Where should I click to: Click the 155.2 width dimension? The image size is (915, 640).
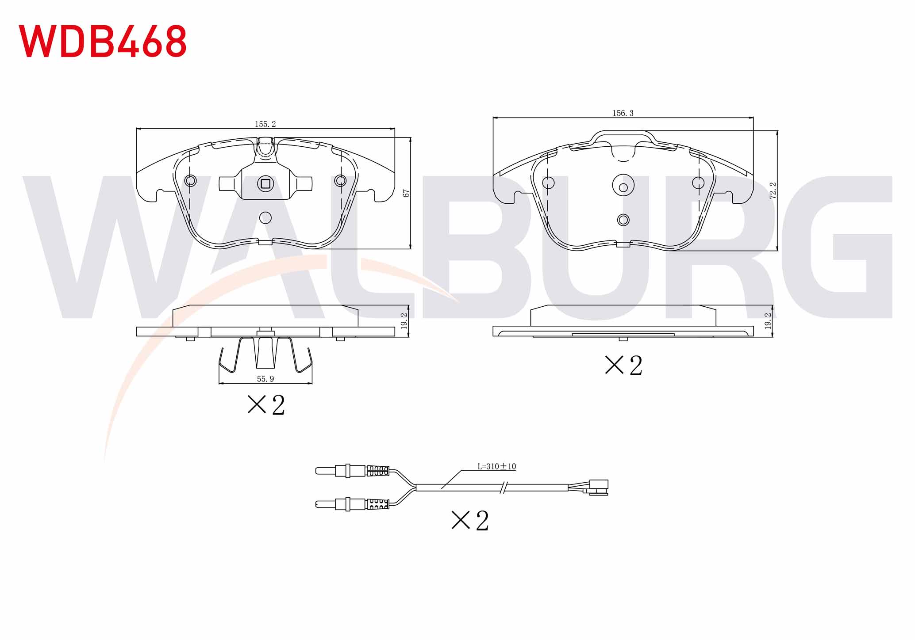click(265, 124)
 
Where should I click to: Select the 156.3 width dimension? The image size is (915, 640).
click(623, 113)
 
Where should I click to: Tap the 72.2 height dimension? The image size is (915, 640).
click(773, 190)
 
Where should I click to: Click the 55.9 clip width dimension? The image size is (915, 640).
click(265, 379)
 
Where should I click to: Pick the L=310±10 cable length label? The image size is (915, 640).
click(496, 466)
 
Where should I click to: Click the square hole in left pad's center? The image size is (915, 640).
click(265, 183)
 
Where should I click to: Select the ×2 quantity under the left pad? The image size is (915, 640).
click(266, 404)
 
